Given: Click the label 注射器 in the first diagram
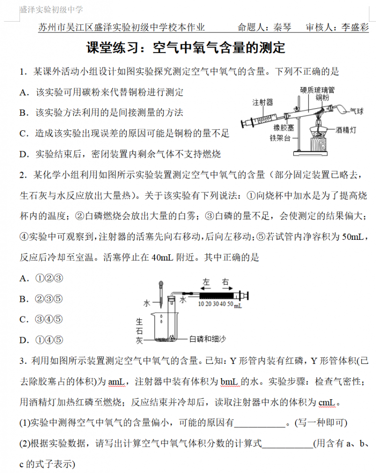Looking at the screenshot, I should coord(263,102).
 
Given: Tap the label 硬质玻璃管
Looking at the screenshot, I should coord(317,89).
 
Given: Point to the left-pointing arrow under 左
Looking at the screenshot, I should coord(206,288).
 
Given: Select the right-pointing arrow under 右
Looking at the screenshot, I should coord(227,288).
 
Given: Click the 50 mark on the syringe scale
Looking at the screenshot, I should coord(230,305).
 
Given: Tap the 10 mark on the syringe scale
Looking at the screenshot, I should coord(201,305).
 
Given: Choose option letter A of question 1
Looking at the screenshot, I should coord(24,93).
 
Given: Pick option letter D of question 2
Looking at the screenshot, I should coord(24,340).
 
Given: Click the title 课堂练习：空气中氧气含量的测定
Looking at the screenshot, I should coord(186,48).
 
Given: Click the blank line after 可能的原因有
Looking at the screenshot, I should coord(260,423).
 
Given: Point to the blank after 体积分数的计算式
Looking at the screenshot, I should coord(287,443).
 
